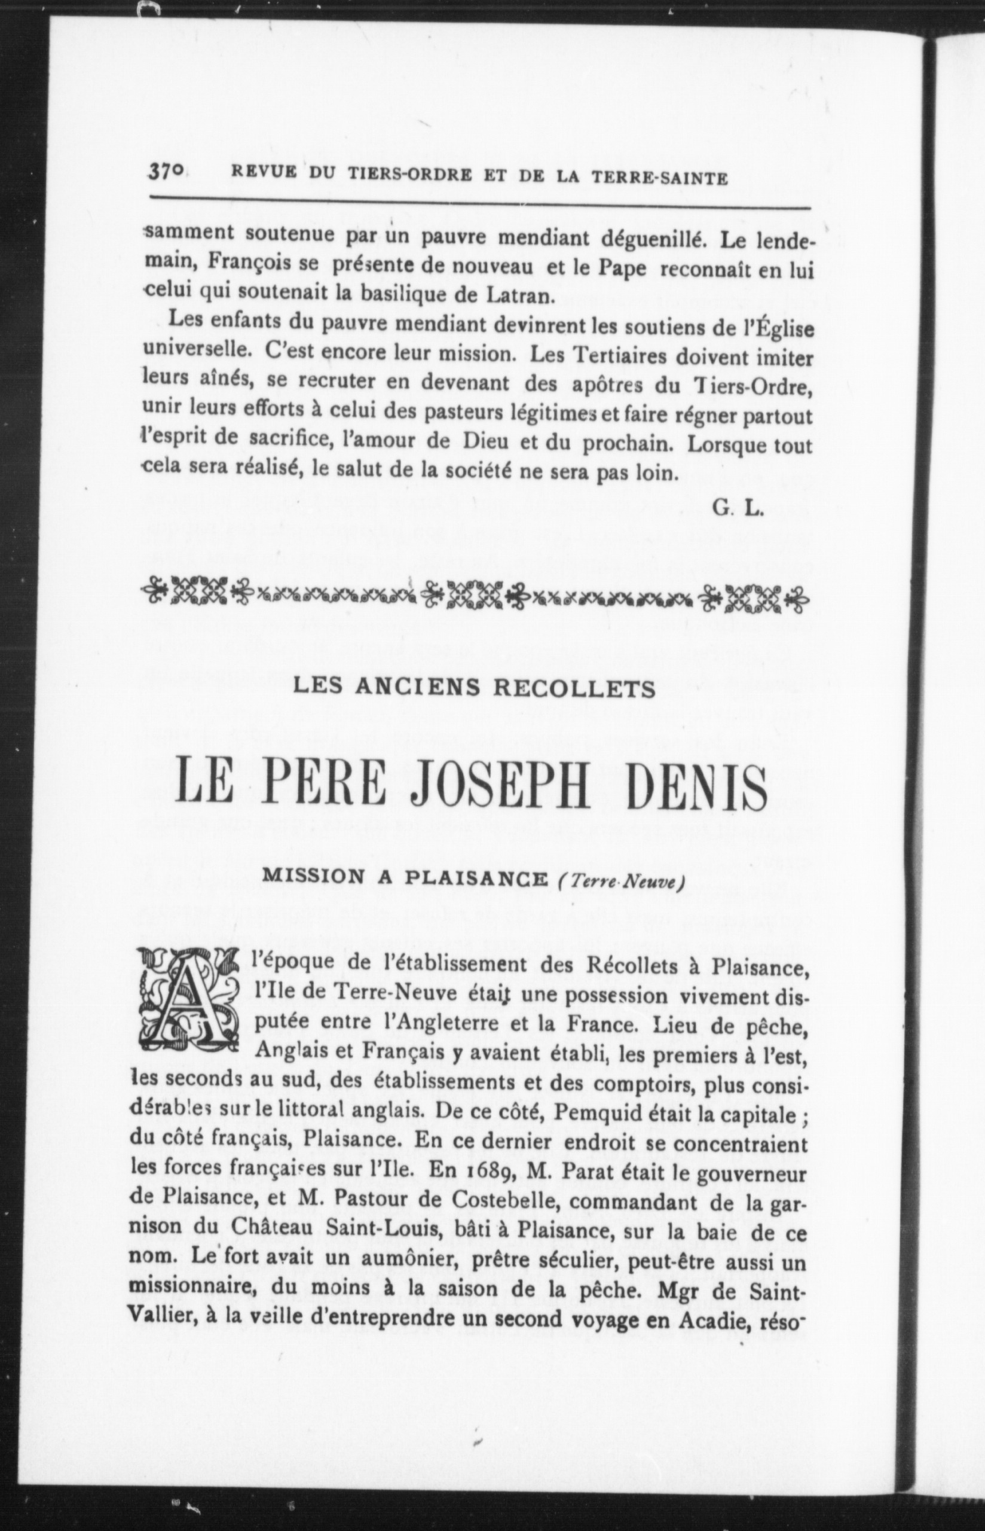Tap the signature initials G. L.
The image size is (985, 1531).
pyautogui.click(x=737, y=508)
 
